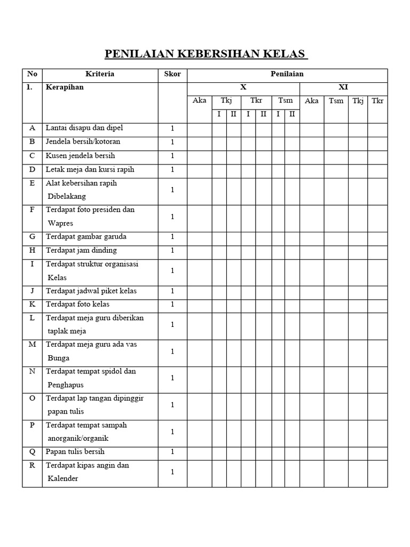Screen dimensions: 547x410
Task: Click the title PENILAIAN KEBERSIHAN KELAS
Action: tap(205, 54)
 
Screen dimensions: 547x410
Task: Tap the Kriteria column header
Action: tap(100, 74)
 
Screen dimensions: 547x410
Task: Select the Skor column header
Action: tap(172, 74)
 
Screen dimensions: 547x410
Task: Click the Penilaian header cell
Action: tap(287, 74)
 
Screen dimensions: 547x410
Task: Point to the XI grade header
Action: tap(343, 87)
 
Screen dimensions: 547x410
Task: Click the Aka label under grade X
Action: tap(199, 100)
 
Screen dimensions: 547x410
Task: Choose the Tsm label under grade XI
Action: tap(336, 100)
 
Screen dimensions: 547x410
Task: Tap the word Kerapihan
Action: tap(65, 87)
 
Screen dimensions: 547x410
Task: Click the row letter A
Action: tap(32, 128)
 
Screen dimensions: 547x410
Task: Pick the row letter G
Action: tap(32, 237)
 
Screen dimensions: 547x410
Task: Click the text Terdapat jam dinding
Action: tap(81, 251)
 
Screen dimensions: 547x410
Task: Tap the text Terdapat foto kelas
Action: tap(77, 304)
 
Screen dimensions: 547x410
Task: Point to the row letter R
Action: tap(32, 465)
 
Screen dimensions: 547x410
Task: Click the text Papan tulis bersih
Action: tap(75, 452)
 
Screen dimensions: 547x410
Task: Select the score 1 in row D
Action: tap(172, 170)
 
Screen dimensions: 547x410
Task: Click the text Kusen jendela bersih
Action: tap(80, 156)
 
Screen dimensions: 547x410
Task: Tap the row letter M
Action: tap(32, 345)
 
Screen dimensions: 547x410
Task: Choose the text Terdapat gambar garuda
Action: tap(86, 237)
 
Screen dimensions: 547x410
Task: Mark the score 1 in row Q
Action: tap(172, 452)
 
